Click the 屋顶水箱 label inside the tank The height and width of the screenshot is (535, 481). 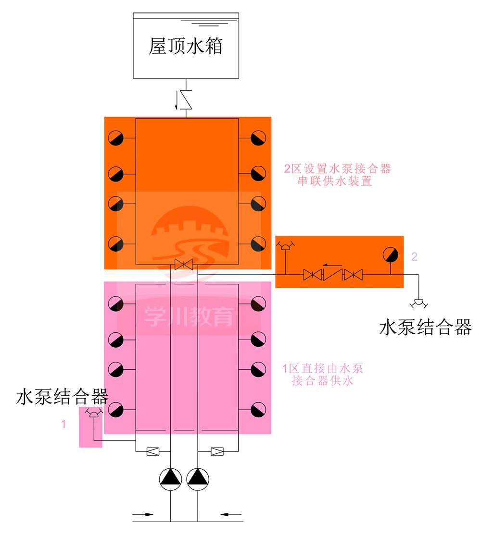[x=185, y=47]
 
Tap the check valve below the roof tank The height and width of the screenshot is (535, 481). [x=185, y=100]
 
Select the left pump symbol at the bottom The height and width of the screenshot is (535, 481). [x=171, y=479]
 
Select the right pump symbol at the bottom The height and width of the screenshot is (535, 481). [x=198, y=479]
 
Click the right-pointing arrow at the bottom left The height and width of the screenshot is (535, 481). [x=143, y=515]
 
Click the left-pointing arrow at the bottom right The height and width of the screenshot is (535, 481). [x=232, y=515]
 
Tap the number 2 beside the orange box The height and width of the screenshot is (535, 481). [x=414, y=256]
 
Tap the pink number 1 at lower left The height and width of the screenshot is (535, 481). [x=63, y=424]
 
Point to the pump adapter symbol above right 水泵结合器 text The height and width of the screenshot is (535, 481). [x=418, y=303]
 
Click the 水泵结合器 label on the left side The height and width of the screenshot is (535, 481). [x=62, y=397]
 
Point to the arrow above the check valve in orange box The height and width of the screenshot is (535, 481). [x=331, y=264]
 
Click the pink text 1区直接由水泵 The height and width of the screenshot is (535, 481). [x=322, y=369]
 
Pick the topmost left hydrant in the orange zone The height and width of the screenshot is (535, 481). [x=116, y=138]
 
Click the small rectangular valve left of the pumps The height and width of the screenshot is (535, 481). [x=153, y=451]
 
